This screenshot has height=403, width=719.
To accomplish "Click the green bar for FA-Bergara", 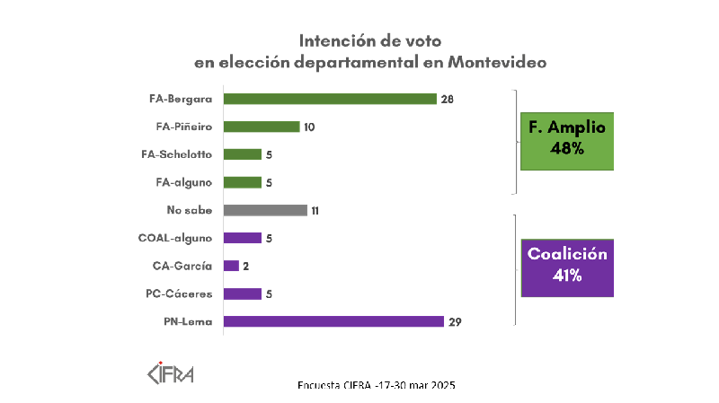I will click(x=329, y=99).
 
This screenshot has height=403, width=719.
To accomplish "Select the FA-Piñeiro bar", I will click(x=261, y=127).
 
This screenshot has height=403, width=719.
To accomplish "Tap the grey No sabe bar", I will click(x=264, y=210).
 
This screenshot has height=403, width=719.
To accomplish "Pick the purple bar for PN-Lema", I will click(x=333, y=321).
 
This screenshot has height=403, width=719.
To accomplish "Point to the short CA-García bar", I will click(x=231, y=266).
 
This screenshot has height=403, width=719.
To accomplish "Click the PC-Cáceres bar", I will click(x=242, y=293).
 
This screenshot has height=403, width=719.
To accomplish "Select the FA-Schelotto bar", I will click(x=242, y=154).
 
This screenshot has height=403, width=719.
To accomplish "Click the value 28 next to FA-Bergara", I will click(x=447, y=99).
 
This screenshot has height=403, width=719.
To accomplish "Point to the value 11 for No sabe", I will click(x=316, y=210).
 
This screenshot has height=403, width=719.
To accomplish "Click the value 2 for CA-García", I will click(x=246, y=266).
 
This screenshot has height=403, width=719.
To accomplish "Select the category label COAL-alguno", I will click(x=176, y=238).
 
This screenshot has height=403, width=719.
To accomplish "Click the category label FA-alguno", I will click(x=182, y=182).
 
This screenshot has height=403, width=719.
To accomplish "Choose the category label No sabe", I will click(x=191, y=210).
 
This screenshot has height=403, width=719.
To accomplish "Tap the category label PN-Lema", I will click(x=187, y=321).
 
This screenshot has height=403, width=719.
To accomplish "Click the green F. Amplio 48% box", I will click(x=567, y=140).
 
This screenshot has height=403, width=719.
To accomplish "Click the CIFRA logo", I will click(x=171, y=371).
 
